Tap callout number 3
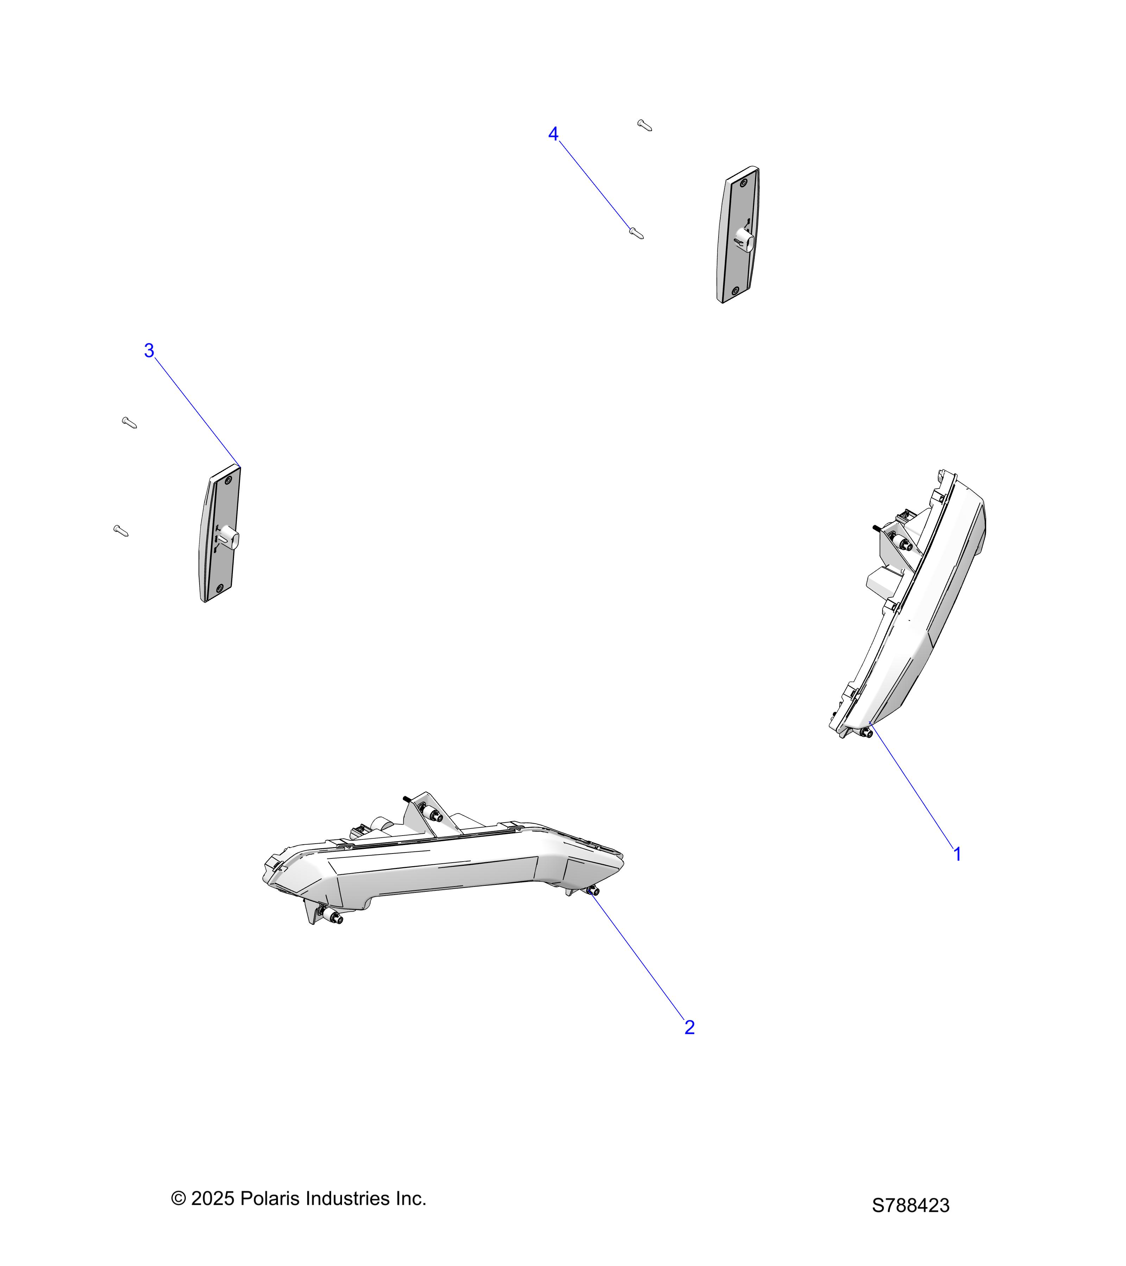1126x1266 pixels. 149,351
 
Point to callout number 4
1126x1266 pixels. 553,134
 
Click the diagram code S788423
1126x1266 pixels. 910,1205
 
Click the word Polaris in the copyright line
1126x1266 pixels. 271,1198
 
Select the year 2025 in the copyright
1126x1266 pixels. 213,1198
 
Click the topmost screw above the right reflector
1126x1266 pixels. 645,125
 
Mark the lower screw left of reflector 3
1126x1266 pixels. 121,531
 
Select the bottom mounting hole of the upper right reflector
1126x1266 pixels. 735,290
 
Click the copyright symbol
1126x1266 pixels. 178,1198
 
